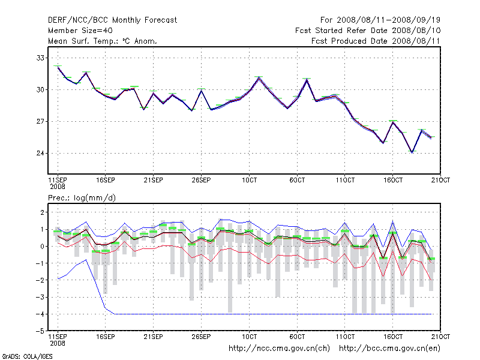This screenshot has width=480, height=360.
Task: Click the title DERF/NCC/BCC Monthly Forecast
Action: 112,20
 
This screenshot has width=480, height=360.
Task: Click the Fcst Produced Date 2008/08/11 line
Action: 376,41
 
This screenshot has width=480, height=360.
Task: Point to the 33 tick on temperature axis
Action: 41,58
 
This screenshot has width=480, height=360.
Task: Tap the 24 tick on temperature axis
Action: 41,153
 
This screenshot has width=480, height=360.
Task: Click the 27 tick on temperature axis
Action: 41,122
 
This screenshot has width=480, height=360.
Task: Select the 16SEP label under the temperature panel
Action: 105,180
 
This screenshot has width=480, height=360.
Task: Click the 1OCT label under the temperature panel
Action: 249,180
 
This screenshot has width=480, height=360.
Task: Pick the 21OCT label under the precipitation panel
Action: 441,335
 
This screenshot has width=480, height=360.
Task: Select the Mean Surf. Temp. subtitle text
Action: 103,41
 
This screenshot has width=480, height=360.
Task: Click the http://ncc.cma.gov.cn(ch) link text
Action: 279,348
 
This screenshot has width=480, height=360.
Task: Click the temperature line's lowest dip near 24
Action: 412,152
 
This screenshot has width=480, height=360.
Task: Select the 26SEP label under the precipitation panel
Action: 201,335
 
